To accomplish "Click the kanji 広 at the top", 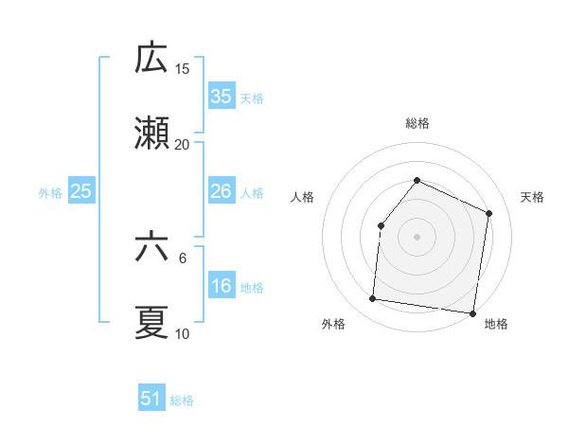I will point(151,59).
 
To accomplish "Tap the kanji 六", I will point(151,249).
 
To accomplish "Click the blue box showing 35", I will point(221,97).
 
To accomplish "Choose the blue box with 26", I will point(221,191).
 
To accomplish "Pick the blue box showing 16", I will point(221,286).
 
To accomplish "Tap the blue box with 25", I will point(80,191).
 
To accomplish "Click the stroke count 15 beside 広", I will point(183,69).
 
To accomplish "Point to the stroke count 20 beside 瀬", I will point(183,145).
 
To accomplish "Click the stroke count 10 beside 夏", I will point(183,334).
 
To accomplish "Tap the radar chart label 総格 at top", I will point(417,123).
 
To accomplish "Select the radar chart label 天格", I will point(532,197).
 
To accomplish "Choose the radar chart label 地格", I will point(496,324).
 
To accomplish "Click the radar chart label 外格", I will point(333,324).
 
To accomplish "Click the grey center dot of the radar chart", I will point(417,236).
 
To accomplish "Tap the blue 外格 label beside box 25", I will point(50,192).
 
